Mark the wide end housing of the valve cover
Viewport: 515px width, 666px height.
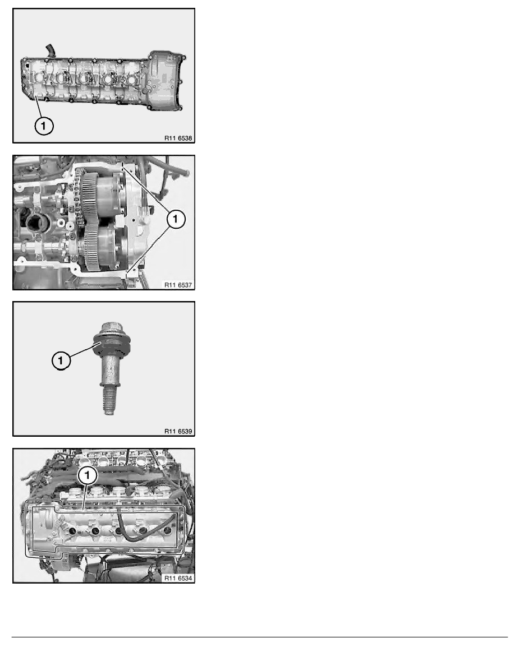tap(165, 78)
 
